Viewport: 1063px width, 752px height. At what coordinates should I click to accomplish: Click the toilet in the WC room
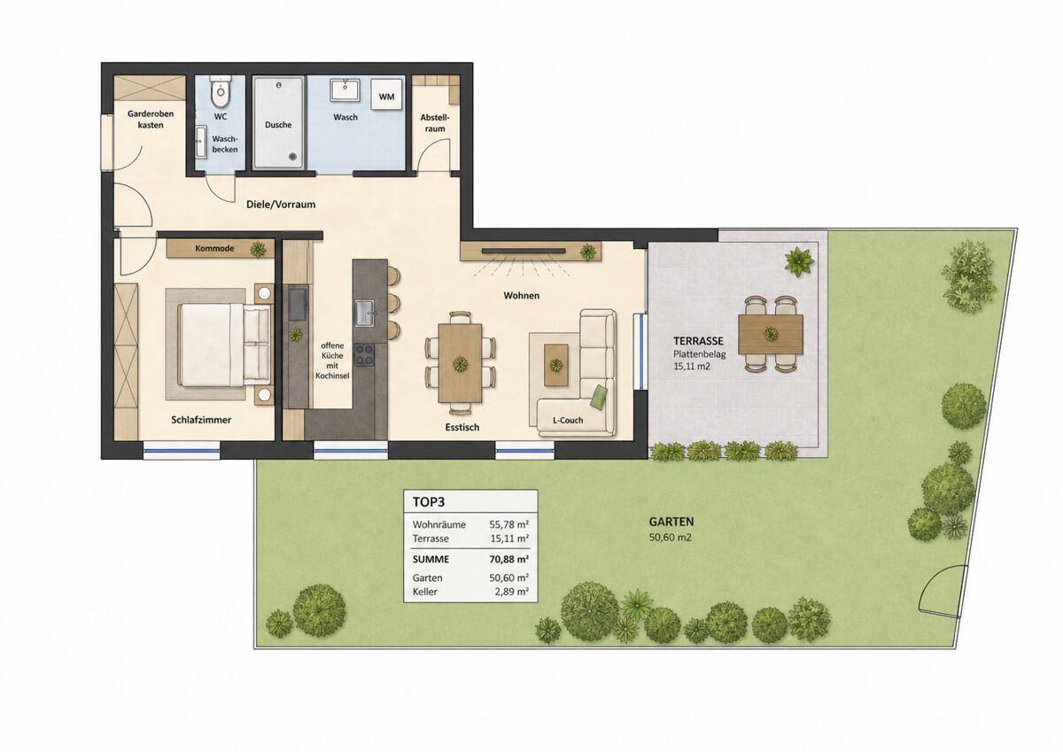221,94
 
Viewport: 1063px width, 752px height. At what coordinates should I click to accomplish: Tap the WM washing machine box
387,97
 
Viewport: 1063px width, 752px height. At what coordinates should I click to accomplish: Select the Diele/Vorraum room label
281,205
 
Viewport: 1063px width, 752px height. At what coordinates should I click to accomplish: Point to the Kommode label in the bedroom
214,248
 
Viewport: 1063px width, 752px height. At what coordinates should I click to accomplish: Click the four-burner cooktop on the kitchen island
365,354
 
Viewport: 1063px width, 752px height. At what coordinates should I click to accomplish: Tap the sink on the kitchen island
365,313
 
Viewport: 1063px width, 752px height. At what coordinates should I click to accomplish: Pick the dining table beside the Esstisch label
460,362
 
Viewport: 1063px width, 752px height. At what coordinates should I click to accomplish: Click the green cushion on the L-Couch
599,397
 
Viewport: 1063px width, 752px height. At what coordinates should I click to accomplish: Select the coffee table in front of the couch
555,365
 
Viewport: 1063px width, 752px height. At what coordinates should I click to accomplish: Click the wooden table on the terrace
771,334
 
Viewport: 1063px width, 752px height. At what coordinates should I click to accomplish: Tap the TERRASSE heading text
699,341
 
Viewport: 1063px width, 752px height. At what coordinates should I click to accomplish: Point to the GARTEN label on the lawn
671,522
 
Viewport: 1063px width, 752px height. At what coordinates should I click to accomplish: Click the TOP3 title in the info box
429,502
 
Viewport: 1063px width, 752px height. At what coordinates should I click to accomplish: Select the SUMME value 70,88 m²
509,560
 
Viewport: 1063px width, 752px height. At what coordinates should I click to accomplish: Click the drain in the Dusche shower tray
293,156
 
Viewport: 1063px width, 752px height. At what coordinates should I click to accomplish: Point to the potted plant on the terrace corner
799,261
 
